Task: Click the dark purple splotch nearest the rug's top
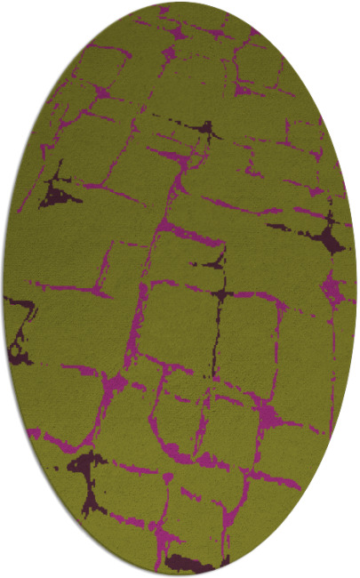[210, 132]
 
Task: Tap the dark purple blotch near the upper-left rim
[59, 192]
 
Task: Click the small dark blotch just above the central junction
[214, 261]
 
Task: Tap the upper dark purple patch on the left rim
[18, 307]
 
